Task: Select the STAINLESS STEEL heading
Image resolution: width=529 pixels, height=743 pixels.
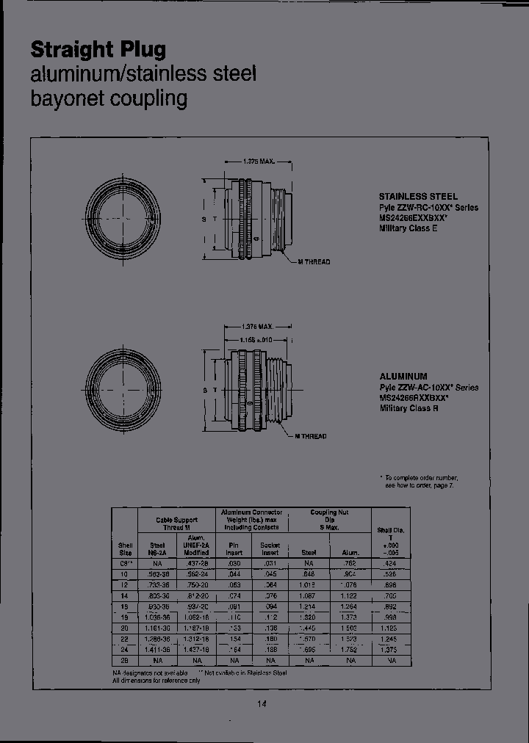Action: pyautogui.click(x=418, y=197)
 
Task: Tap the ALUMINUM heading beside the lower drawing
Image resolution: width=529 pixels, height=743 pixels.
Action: pyautogui.click(x=403, y=377)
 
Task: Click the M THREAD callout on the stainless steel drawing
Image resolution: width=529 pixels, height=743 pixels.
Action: pyautogui.click(x=314, y=262)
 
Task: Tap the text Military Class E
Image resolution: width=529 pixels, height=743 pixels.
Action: pyautogui.click(x=408, y=229)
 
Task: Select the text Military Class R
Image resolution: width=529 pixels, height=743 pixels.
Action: pyautogui.click(x=409, y=408)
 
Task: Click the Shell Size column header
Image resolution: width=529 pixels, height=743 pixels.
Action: pyautogui.click(x=125, y=548)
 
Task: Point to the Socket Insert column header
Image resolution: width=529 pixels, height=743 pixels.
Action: pyautogui.click(x=270, y=548)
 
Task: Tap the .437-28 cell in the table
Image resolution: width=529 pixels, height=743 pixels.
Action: pyautogui.click(x=197, y=563)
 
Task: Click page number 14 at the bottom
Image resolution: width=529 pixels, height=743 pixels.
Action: pyautogui.click(x=262, y=704)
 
